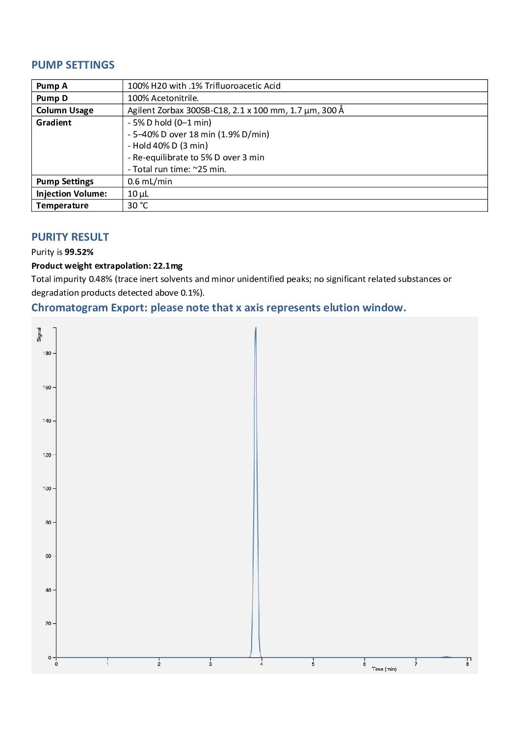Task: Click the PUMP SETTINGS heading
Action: click(73, 65)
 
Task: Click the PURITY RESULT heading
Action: click(70, 237)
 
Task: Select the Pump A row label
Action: click(52, 86)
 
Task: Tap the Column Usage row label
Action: click(64, 110)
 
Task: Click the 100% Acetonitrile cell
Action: click(163, 98)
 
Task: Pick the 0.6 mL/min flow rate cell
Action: click(150, 181)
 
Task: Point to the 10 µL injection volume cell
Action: click(138, 194)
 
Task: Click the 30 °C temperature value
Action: click(137, 205)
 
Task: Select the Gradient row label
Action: click(53, 123)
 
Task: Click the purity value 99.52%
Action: click(79, 252)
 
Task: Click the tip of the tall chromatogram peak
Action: click(256, 328)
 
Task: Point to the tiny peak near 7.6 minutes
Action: click(446, 657)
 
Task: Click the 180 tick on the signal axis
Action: click(47, 353)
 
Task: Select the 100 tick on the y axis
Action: click(47, 488)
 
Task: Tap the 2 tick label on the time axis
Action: click(159, 664)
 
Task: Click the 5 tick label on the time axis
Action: click(313, 664)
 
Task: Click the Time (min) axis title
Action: click(384, 669)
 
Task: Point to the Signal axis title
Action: click(39, 334)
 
